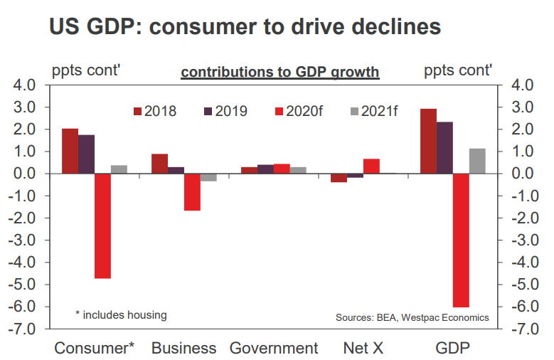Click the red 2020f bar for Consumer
point(102,226)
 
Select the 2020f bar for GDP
point(461,240)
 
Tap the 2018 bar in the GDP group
point(428,141)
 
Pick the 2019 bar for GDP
point(444,147)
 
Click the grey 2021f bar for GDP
point(477,161)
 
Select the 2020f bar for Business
point(192,192)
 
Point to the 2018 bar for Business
point(159,164)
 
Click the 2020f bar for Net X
point(371,166)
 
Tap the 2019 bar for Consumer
point(86,154)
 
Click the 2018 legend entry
point(155,111)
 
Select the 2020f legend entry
point(299,111)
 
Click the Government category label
point(274,348)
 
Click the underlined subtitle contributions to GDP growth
point(280,73)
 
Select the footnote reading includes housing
point(121,314)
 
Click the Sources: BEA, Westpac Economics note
point(412,317)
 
